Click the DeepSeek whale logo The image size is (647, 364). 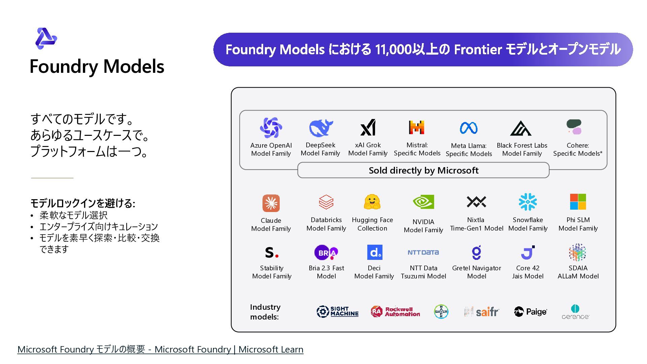321,128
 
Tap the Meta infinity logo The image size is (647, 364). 468,128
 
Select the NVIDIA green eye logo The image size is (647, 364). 423,202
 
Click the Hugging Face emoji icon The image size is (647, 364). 372,202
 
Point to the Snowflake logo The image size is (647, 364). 528,202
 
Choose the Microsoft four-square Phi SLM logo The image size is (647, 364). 578,202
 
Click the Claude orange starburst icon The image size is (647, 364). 271,203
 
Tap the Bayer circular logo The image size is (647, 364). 441,312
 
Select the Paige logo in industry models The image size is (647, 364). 530,312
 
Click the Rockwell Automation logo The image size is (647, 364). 395,312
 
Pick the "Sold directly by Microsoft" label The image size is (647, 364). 423,171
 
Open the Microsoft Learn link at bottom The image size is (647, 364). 160,350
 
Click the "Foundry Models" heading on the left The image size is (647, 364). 97,66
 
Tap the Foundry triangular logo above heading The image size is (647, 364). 46,38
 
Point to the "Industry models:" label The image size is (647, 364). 265,312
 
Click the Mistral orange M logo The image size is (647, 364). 417,127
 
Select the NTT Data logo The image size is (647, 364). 423,252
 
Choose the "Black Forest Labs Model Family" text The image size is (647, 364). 522,149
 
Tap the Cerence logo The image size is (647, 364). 575,312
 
